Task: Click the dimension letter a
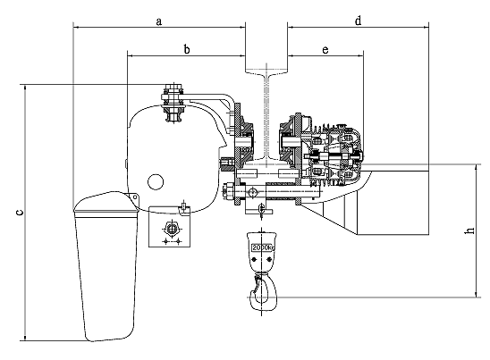tap(159, 21)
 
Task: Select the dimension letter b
tap(187, 49)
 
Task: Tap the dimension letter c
tap(20, 213)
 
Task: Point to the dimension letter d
tap(359, 21)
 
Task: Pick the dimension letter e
tap(325, 50)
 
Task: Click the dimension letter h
tap(470, 230)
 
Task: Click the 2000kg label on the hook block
tap(263, 247)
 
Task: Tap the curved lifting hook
tap(265, 292)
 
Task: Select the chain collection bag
tap(106, 266)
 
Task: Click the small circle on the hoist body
tap(156, 182)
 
